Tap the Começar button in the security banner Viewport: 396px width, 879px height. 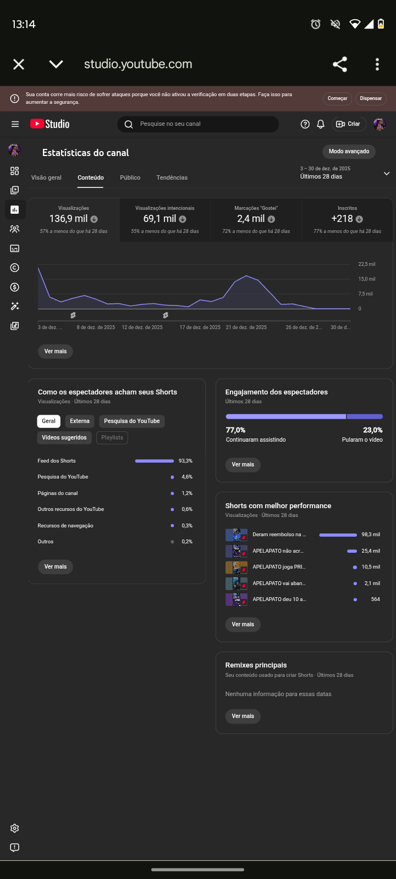pos(337,98)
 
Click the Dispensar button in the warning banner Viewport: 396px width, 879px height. pos(371,98)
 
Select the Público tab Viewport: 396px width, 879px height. pos(130,177)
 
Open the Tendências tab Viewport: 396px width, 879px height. pos(172,177)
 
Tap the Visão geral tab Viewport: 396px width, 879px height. pos(46,177)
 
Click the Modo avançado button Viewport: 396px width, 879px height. pos(349,152)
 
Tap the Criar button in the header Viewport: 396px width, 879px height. pos(349,124)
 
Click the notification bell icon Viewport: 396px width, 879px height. pos(321,124)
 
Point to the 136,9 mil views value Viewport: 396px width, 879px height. pos(68,219)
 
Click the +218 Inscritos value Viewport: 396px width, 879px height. pos(342,219)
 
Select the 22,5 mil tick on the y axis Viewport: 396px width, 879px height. pos(367,264)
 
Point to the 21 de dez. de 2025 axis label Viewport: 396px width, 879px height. pos(246,327)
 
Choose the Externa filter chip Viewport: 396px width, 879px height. pos(80,421)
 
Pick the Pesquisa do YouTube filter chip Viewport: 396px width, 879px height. pos(131,421)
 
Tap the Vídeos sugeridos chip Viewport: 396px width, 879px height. pos(64,438)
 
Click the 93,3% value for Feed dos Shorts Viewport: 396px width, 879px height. pos(185,461)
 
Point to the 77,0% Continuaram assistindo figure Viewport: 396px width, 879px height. pos(235,430)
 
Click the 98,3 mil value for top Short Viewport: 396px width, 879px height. pos(371,535)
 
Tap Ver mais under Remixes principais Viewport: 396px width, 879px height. pos(243,716)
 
